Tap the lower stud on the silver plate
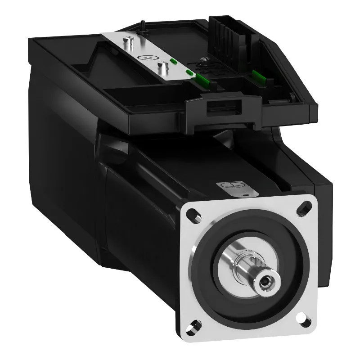coord(161,68)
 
